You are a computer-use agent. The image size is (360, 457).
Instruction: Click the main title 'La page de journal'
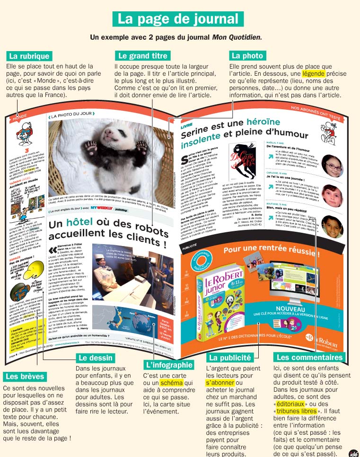(178, 18)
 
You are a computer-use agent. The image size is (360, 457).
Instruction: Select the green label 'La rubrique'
(29, 56)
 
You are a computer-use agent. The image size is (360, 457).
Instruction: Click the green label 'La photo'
(246, 56)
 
